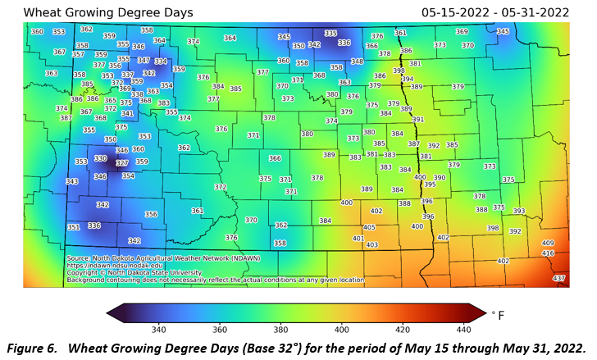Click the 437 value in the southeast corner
559,279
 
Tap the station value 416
549,253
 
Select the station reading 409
548,243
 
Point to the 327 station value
121,163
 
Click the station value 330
100,158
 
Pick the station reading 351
73,227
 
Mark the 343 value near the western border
71,181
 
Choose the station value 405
369,227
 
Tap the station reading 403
371,244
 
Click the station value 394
408,79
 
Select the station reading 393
518,211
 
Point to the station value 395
430,185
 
